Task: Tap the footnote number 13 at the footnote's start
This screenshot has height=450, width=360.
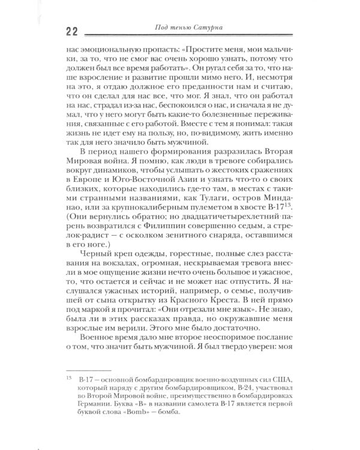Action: [70, 379]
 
